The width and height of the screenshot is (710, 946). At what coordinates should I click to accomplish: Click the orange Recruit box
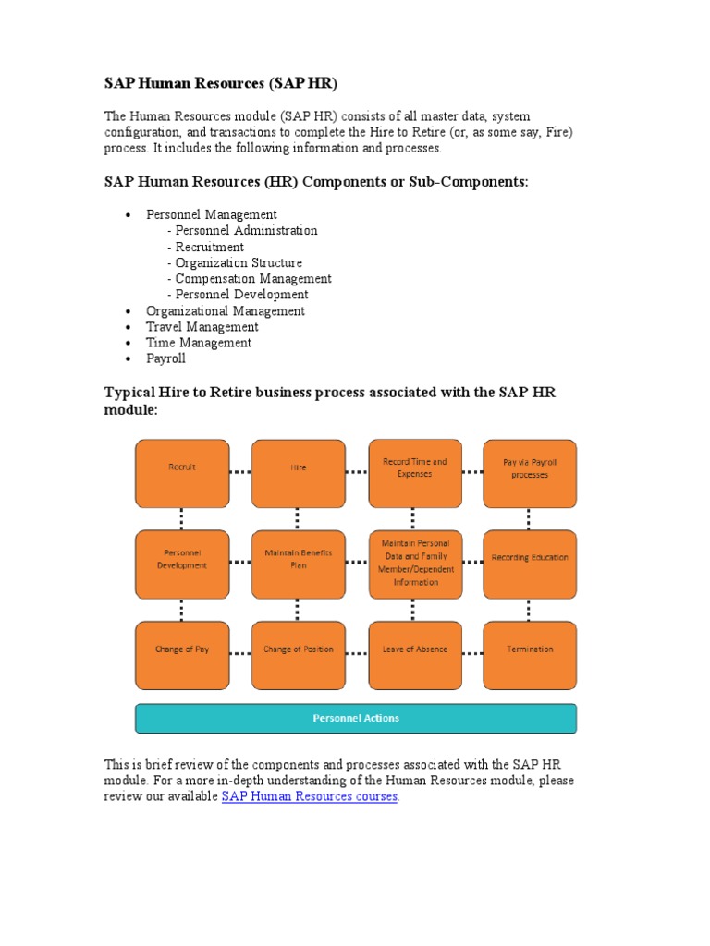click(x=182, y=472)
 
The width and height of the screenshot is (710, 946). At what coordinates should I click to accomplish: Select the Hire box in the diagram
click(x=298, y=472)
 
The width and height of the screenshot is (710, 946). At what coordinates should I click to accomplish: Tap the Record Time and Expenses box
click(x=414, y=472)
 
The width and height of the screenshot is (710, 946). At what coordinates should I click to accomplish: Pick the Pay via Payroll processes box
click(x=530, y=472)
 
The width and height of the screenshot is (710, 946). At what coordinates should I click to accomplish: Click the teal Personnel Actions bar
click(x=356, y=718)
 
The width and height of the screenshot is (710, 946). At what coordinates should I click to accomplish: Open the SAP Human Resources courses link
click(x=310, y=796)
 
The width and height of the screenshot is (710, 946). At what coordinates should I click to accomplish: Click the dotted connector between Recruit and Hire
click(x=240, y=472)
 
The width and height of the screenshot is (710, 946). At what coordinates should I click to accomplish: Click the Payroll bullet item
click(x=165, y=358)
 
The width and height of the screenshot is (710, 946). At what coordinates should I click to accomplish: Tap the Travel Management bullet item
click(x=202, y=327)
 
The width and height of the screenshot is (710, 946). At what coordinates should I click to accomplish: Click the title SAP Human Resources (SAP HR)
click(x=221, y=84)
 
